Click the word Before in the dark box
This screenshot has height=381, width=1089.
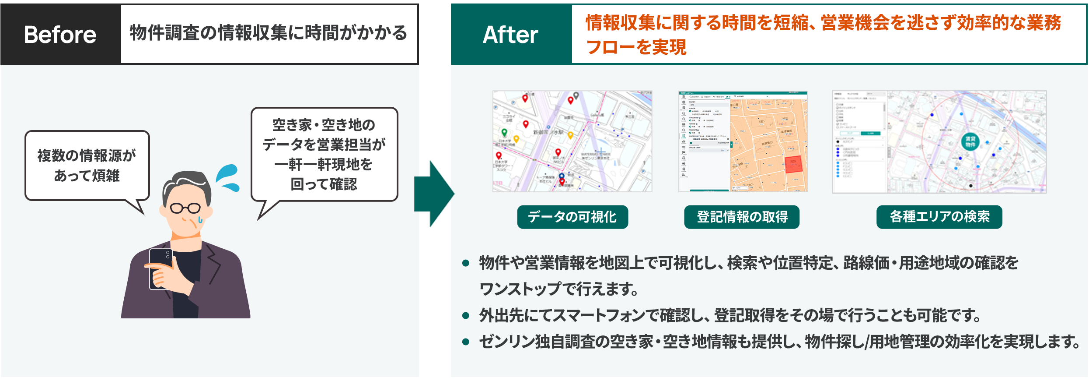60,35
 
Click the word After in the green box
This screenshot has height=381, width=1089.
510,35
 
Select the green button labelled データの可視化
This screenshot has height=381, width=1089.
572,217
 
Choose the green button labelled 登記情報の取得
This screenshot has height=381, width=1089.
742,217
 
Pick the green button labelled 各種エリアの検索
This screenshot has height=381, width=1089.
939,217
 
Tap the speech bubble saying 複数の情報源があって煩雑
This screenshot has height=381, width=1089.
87,166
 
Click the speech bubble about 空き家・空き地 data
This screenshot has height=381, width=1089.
324,154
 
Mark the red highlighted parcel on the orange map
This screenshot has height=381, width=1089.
793,164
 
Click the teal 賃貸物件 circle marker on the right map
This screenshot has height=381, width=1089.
970,141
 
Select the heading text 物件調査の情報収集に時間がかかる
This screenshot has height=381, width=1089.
269,33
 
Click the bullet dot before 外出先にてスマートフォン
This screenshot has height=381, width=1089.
466,315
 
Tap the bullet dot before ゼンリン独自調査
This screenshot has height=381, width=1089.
466,342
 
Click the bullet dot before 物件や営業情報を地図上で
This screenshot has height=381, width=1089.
466,263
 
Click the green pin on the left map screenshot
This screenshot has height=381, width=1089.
504,132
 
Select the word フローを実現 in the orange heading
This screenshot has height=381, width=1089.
636,47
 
